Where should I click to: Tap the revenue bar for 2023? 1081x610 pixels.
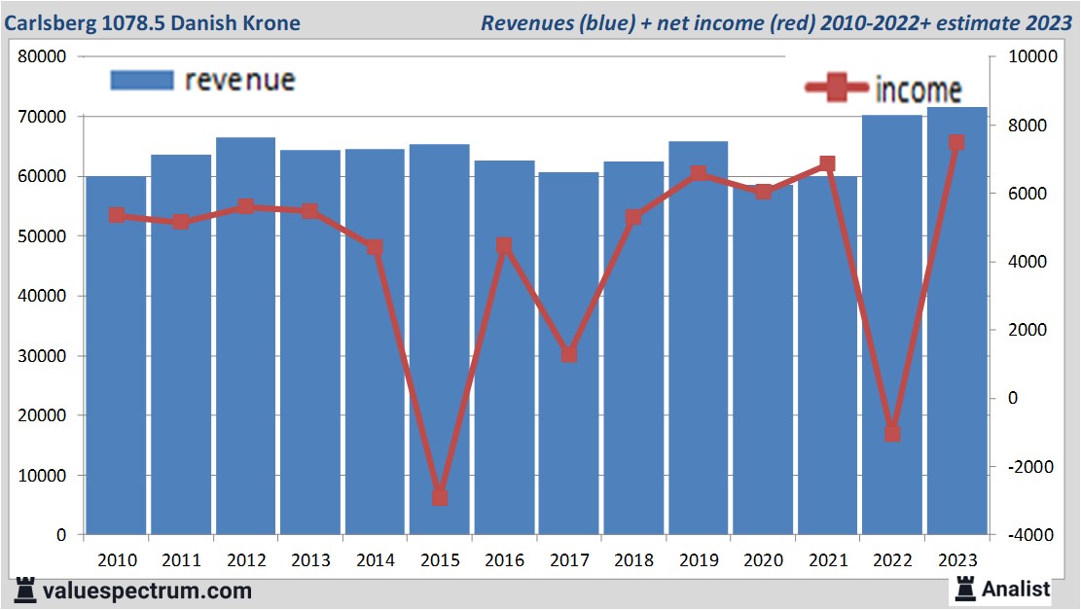[x=956, y=321]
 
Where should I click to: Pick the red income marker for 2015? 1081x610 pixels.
[x=440, y=497]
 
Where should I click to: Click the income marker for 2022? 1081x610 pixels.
[x=892, y=433]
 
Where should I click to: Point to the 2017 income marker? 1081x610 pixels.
[x=569, y=354]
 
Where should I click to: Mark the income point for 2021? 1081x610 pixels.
[x=828, y=163]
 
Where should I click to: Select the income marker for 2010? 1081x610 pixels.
[x=117, y=215]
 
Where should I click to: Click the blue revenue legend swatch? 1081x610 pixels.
[x=142, y=80]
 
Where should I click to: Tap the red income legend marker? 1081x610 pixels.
[x=836, y=89]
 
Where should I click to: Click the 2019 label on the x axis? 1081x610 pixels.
[x=699, y=560]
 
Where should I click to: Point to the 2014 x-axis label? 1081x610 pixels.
[x=376, y=560]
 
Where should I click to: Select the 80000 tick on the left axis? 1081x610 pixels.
[x=43, y=56]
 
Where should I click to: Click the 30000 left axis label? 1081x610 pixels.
[x=43, y=356]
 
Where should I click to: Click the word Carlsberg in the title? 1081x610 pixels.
[x=50, y=22]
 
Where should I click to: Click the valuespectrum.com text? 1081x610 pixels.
[x=147, y=591]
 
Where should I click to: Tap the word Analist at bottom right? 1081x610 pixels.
[x=1016, y=589]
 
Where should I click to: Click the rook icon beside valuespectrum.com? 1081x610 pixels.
[x=26, y=590]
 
